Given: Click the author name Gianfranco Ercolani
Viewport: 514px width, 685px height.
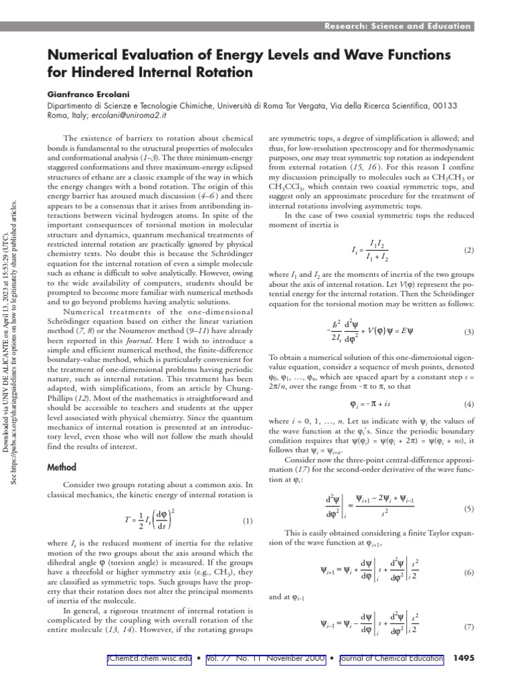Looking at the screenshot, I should coord(89,94).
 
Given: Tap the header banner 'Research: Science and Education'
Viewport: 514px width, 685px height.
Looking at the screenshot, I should coord(398,26).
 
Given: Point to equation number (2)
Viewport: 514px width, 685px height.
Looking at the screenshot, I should coord(468,250).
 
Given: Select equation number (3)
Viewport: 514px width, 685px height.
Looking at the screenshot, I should coord(468,332).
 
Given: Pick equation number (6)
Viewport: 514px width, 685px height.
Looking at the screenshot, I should coord(468,573).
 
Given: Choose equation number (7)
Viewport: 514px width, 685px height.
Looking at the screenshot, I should coord(468,627).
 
